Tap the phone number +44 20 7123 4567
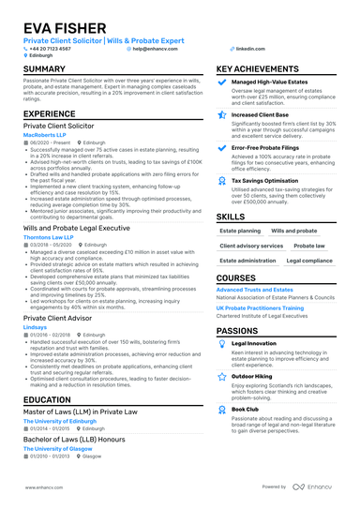click(50, 48)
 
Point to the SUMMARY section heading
click(44, 69)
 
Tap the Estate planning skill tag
click(240, 230)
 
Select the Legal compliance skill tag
click(309, 261)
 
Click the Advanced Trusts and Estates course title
click(255, 291)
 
